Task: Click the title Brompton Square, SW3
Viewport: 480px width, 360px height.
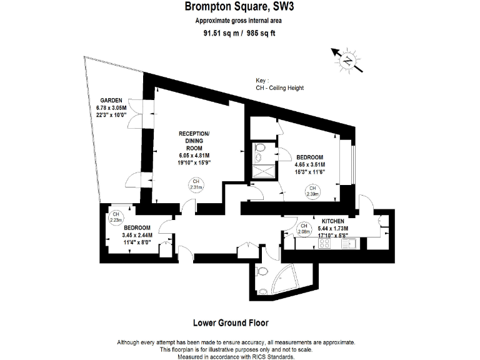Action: (x=239, y=7)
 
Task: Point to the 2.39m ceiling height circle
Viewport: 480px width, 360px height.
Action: (x=312, y=191)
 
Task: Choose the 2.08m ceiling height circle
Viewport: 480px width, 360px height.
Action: (x=304, y=229)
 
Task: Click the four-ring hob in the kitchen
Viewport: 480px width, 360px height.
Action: (x=325, y=244)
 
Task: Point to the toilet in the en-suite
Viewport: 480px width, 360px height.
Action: (x=260, y=148)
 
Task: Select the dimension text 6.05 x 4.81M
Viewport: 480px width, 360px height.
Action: (x=194, y=156)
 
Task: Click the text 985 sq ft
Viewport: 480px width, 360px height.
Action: (x=259, y=33)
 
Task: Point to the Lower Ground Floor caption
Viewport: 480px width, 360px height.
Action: (x=231, y=323)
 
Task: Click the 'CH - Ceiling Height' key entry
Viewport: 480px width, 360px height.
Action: (x=281, y=88)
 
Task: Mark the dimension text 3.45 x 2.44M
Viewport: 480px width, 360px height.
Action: (x=136, y=235)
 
